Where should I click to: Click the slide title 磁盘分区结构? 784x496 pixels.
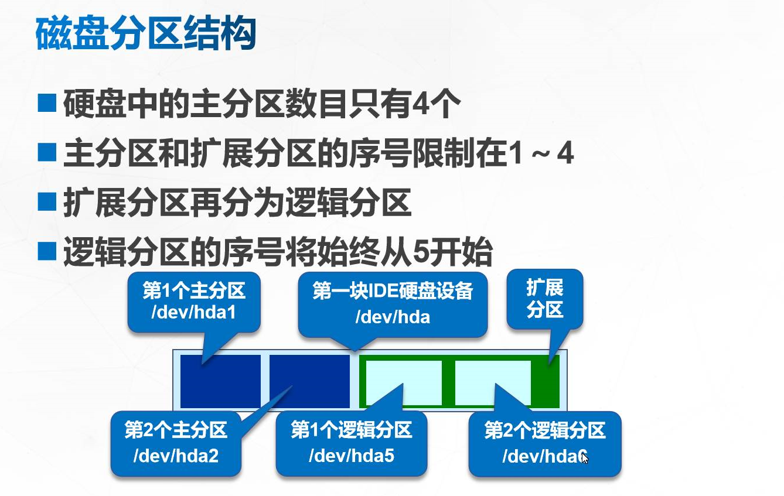[x=146, y=35]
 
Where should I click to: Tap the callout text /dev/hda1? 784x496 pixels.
[x=193, y=312]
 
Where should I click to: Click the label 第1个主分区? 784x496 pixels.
[x=193, y=291]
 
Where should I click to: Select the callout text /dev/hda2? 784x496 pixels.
[x=176, y=456]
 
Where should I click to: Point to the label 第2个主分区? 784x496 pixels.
[x=176, y=431]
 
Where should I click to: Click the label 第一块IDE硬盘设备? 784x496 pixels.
[x=393, y=291]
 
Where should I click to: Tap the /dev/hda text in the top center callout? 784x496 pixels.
[x=393, y=317]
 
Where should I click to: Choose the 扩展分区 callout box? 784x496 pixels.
[x=544, y=299]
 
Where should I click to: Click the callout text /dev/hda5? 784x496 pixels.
[x=351, y=456]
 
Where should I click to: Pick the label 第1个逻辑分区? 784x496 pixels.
[x=351, y=431]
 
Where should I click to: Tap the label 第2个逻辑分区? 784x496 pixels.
[x=544, y=431]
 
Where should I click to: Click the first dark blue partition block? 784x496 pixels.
[x=220, y=381]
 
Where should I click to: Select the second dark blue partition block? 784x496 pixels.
[x=309, y=381]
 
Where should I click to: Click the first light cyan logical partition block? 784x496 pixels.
[x=404, y=382]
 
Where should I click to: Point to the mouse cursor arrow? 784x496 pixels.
[x=584, y=457]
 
